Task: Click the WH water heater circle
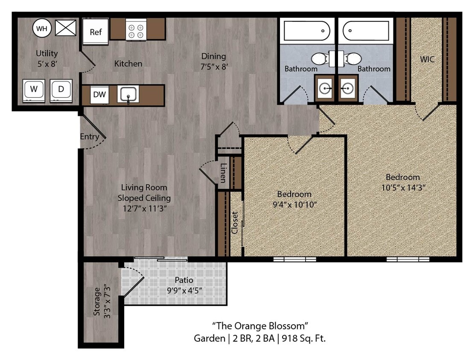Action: coord(41,29)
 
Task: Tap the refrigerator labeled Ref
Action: coord(96,32)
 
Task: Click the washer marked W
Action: coord(34,90)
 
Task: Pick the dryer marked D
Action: coord(61,90)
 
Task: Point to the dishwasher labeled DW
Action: coord(99,95)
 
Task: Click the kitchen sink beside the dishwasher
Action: coord(128,95)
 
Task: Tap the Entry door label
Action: coord(89,137)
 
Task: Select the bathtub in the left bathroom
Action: coord(307,31)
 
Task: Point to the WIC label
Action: coord(427,59)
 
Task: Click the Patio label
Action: coord(184,280)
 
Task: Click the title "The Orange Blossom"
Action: coord(260,326)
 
